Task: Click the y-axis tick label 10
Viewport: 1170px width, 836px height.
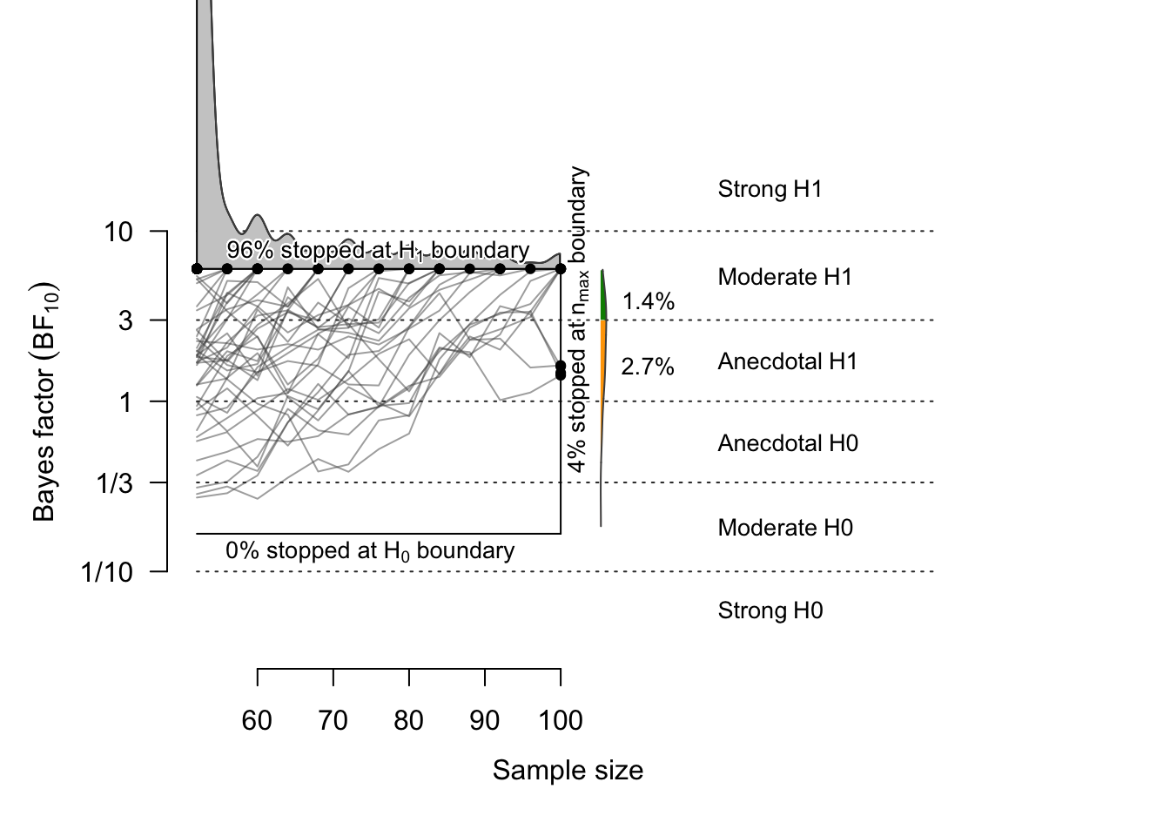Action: click(118, 233)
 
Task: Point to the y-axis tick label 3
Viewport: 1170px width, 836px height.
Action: click(126, 320)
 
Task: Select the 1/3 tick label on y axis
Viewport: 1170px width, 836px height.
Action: click(114, 483)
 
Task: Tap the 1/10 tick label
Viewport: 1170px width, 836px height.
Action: click(106, 572)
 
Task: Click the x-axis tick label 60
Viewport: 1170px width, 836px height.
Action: click(257, 721)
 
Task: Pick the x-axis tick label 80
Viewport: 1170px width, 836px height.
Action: click(408, 721)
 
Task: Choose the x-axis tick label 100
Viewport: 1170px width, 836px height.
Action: click(560, 721)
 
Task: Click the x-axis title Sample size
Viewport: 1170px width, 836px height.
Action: click(568, 771)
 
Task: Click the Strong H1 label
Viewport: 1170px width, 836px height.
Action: click(770, 190)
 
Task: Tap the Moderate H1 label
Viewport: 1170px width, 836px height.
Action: click(784, 278)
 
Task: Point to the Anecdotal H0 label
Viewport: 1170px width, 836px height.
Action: click(787, 444)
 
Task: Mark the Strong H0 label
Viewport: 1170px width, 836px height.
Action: click(770, 611)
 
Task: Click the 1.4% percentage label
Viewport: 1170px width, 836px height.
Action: click(649, 302)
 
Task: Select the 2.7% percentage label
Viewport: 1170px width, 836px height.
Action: click(648, 367)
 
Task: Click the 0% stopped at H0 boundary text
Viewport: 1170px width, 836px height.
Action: click(370, 551)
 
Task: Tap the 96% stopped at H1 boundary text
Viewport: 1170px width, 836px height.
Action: click(378, 251)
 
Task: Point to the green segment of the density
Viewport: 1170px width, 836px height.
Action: click(602, 296)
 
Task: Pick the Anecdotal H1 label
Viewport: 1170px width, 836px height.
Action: click(787, 362)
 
